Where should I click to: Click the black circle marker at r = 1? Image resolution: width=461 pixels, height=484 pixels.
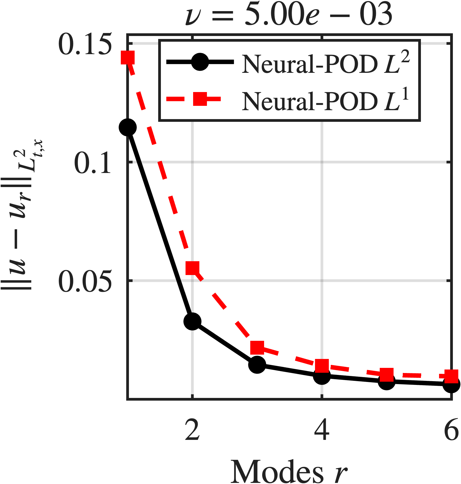point(128,127)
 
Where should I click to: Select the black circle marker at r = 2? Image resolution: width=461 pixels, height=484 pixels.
point(192,321)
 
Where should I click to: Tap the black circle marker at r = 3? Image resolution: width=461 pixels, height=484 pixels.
point(257,365)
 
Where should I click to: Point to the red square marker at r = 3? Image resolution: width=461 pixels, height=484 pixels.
point(257,347)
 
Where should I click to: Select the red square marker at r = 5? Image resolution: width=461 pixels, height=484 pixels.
point(387,375)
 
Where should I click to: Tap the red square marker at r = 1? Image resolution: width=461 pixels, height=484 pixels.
point(128,57)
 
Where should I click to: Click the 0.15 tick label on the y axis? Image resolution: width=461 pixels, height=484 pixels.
point(85,44)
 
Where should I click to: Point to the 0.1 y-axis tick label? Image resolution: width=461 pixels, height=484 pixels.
point(93,162)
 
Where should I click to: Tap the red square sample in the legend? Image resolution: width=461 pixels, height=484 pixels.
point(200,99)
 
